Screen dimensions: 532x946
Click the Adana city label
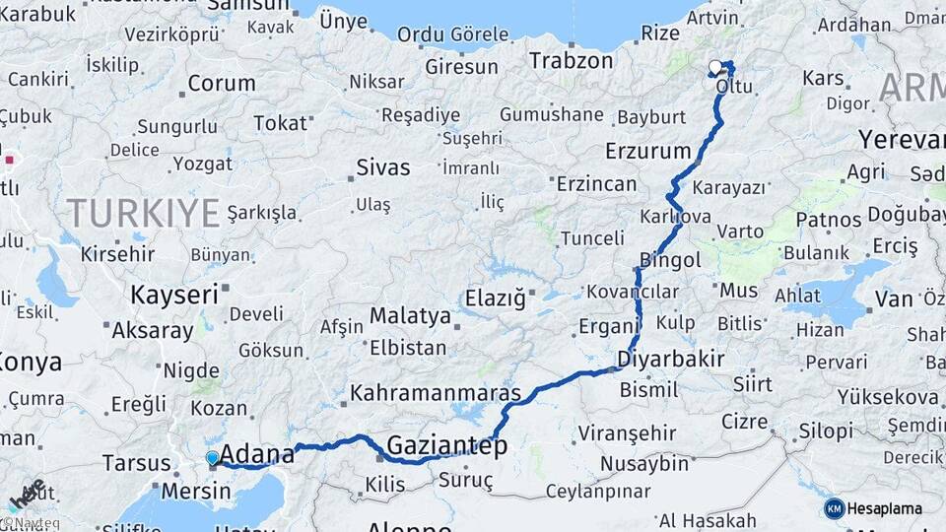pos(257,454)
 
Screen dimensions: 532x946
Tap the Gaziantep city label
pos(446,446)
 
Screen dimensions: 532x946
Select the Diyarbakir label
pos(671,359)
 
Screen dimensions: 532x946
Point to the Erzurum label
pos(647,152)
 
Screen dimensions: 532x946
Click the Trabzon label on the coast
pos(571,60)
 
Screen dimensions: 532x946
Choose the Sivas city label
pos(382,166)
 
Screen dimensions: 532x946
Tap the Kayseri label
pos(173,294)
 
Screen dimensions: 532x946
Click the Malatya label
pos(410,316)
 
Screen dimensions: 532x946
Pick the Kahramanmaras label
pos(435,392)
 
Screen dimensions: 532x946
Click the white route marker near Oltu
pos(715,67)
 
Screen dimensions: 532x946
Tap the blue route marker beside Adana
pos(212,457)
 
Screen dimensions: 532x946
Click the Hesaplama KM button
pos(873,508)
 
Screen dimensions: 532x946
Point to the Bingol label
pos(670,261)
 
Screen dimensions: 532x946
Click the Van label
pos(894,299)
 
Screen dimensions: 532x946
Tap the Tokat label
pos(280,123)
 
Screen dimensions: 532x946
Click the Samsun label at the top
pos(250,5)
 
